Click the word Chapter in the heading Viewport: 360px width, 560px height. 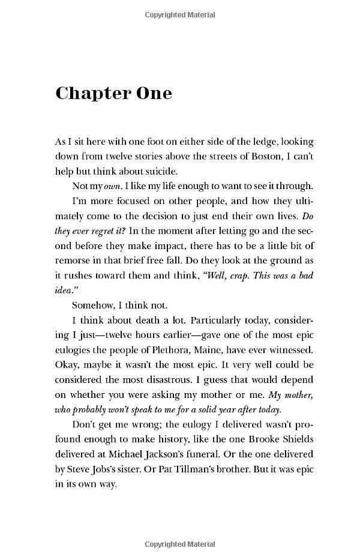click(x=91, y=94)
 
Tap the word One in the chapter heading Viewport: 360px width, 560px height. click(x=152, y=93)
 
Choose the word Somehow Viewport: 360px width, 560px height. click(x=92, y=305)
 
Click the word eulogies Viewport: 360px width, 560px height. click(x=73, y=349)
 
